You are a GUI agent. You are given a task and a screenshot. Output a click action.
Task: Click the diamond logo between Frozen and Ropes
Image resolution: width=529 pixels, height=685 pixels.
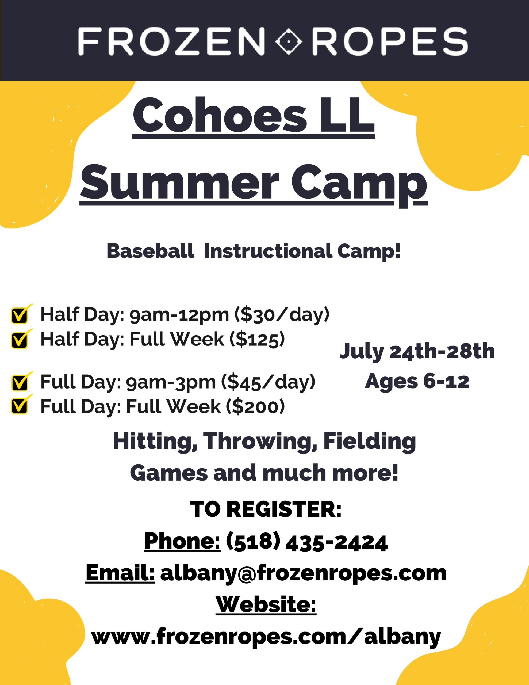pyautogui.click(x=289, y=41)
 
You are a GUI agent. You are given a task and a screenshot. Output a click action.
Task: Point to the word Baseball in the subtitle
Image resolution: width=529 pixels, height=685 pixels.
pyautogui.click(x=151, y=251)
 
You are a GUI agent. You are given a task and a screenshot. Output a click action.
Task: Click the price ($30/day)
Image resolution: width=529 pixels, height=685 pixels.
pyautogui.click(x=282, y=314)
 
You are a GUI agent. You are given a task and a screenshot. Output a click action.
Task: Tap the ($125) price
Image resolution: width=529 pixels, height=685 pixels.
pyautogui.click(x=257, y=339)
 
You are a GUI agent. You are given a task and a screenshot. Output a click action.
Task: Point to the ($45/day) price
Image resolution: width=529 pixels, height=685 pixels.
pyautogui.click(x=268, y=382)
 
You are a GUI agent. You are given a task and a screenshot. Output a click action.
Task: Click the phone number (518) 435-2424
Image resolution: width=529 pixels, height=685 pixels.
pyautogui.click(x=307, y=542)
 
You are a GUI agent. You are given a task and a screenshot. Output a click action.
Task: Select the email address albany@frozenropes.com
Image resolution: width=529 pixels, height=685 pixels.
pyautogui.click(x=303, y=573)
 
